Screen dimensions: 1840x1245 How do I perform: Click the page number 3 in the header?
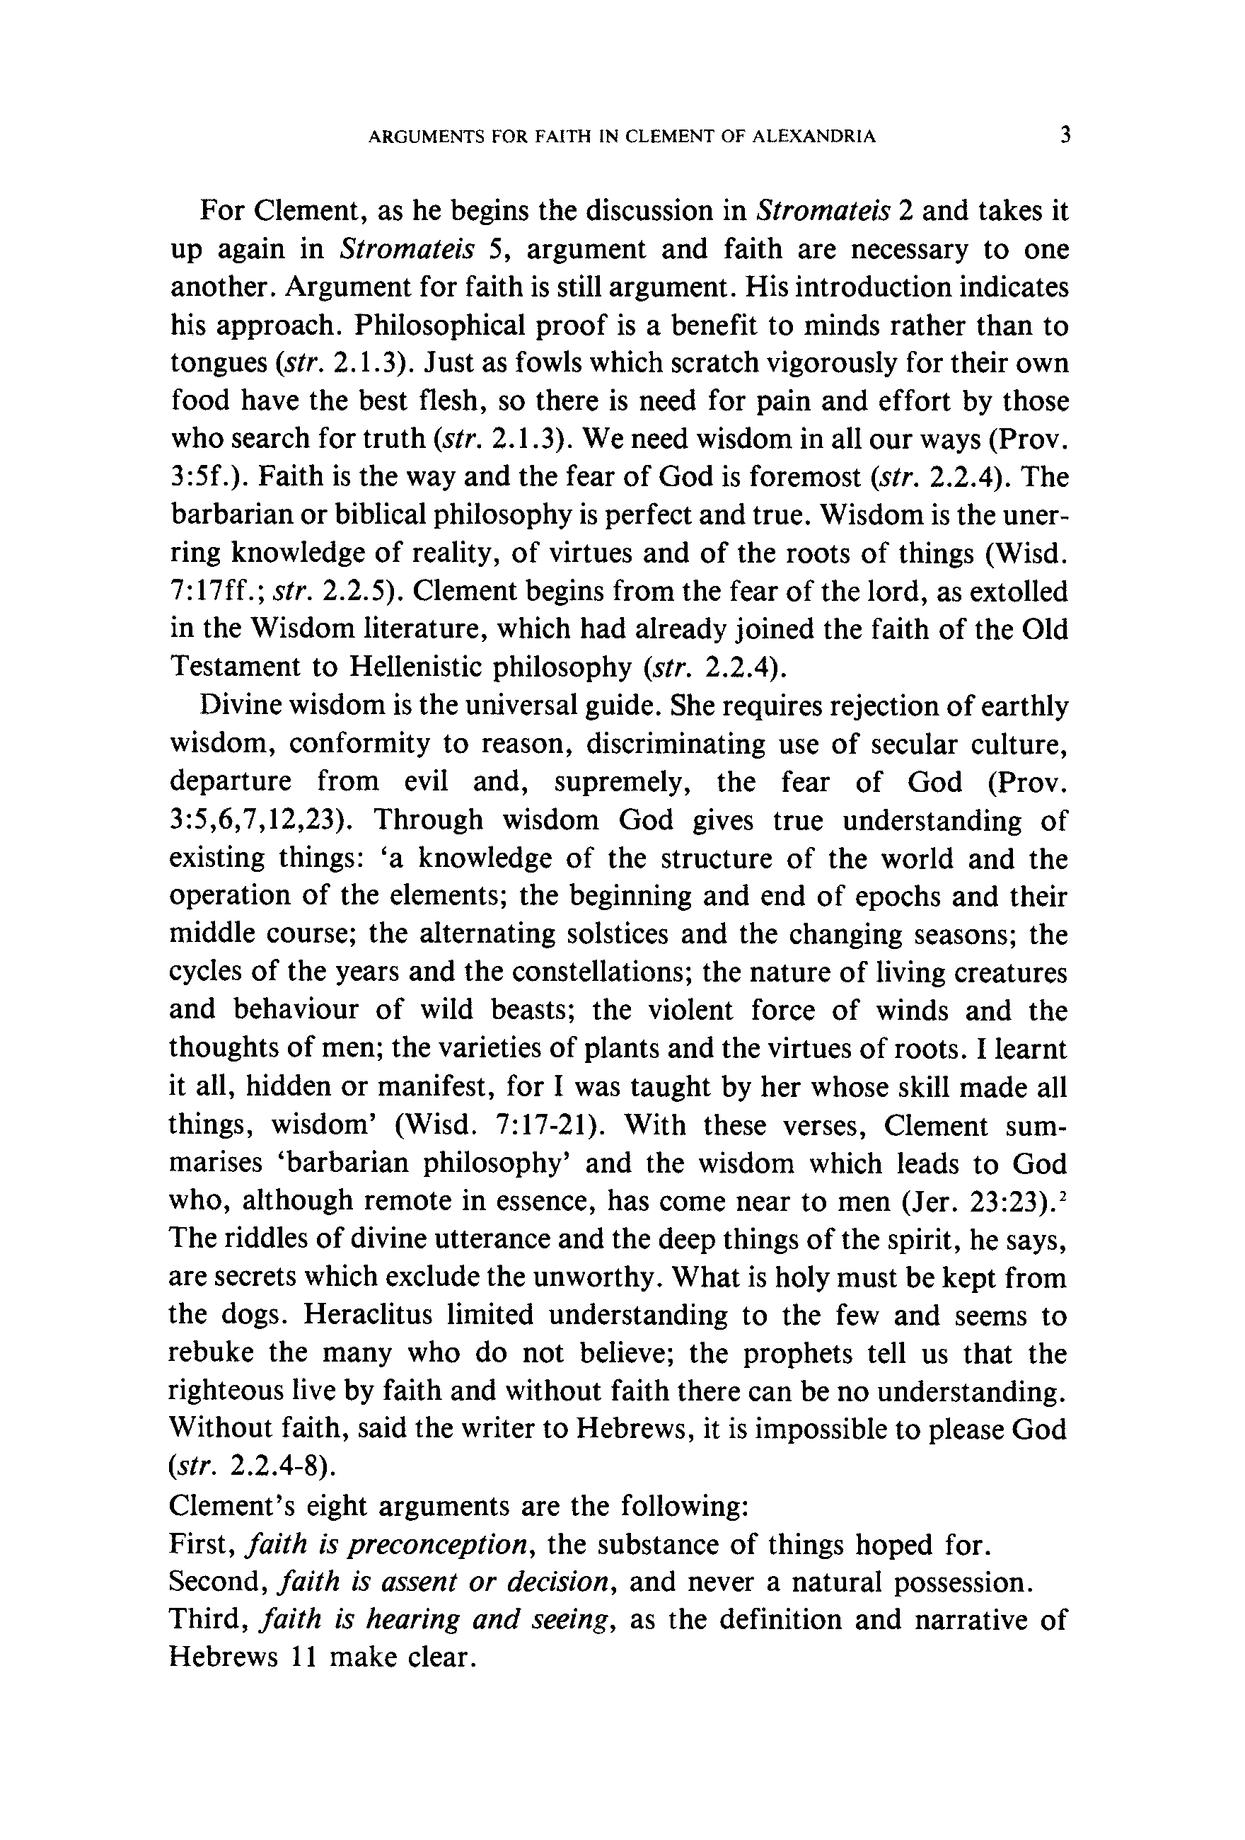tap(1065, 135)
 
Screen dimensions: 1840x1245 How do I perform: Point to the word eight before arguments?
tap(328, 1506)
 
